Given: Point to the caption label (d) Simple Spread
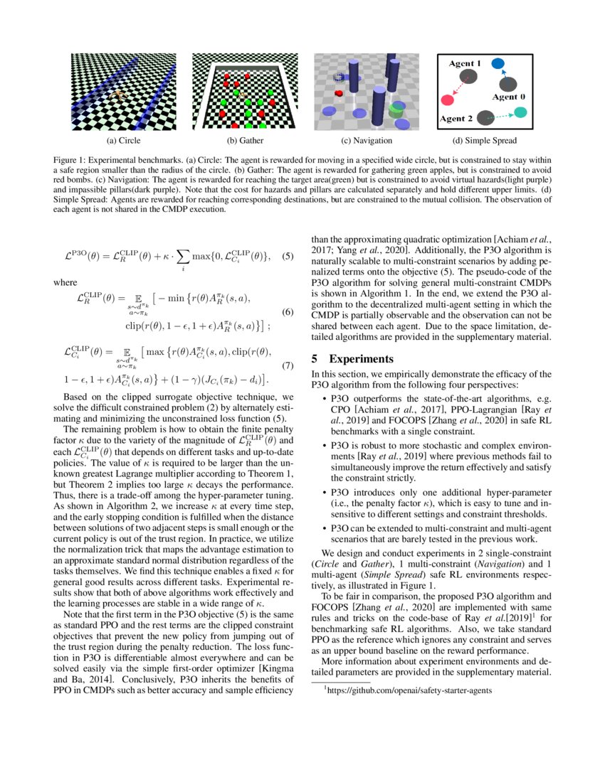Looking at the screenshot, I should [x=485, y=141].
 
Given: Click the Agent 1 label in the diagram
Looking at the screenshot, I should [x=464, y=64].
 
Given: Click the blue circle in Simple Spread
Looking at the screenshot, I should [x=498, y=65].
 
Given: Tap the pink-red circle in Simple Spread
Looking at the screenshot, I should [x=448, y=100].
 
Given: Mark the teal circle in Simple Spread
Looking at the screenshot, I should [x=521, y=112].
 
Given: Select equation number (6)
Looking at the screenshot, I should [x=288, y=312].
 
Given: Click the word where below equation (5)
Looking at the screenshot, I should [x=66, y=282].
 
